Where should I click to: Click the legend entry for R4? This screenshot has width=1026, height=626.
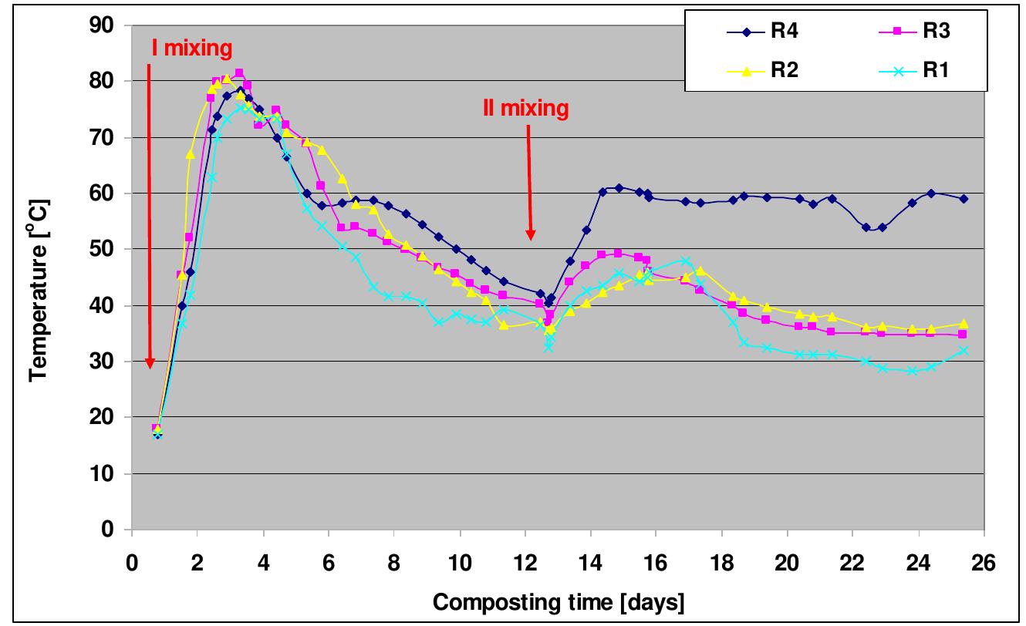point(760,32)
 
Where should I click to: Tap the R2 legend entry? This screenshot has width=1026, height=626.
point(760,69)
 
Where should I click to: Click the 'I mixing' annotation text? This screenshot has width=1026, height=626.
point(191,49)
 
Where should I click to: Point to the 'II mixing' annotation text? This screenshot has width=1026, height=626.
point(525,109)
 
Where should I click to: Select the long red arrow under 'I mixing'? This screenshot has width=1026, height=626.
point(150,216)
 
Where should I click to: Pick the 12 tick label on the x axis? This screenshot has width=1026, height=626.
point(525,560)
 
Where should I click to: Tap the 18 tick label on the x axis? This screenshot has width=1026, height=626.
point(721,560)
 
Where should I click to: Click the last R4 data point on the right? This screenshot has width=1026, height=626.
point(964,199)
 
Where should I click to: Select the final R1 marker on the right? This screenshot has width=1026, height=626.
point(964,351)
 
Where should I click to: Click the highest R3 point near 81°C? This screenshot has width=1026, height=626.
point(239,73)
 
